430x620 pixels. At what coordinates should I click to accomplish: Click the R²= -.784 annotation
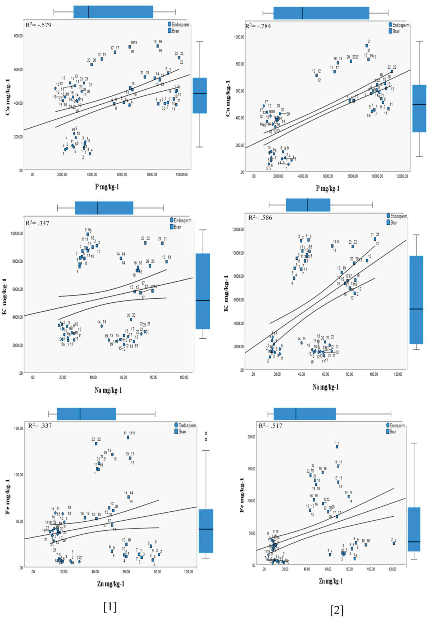258,26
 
